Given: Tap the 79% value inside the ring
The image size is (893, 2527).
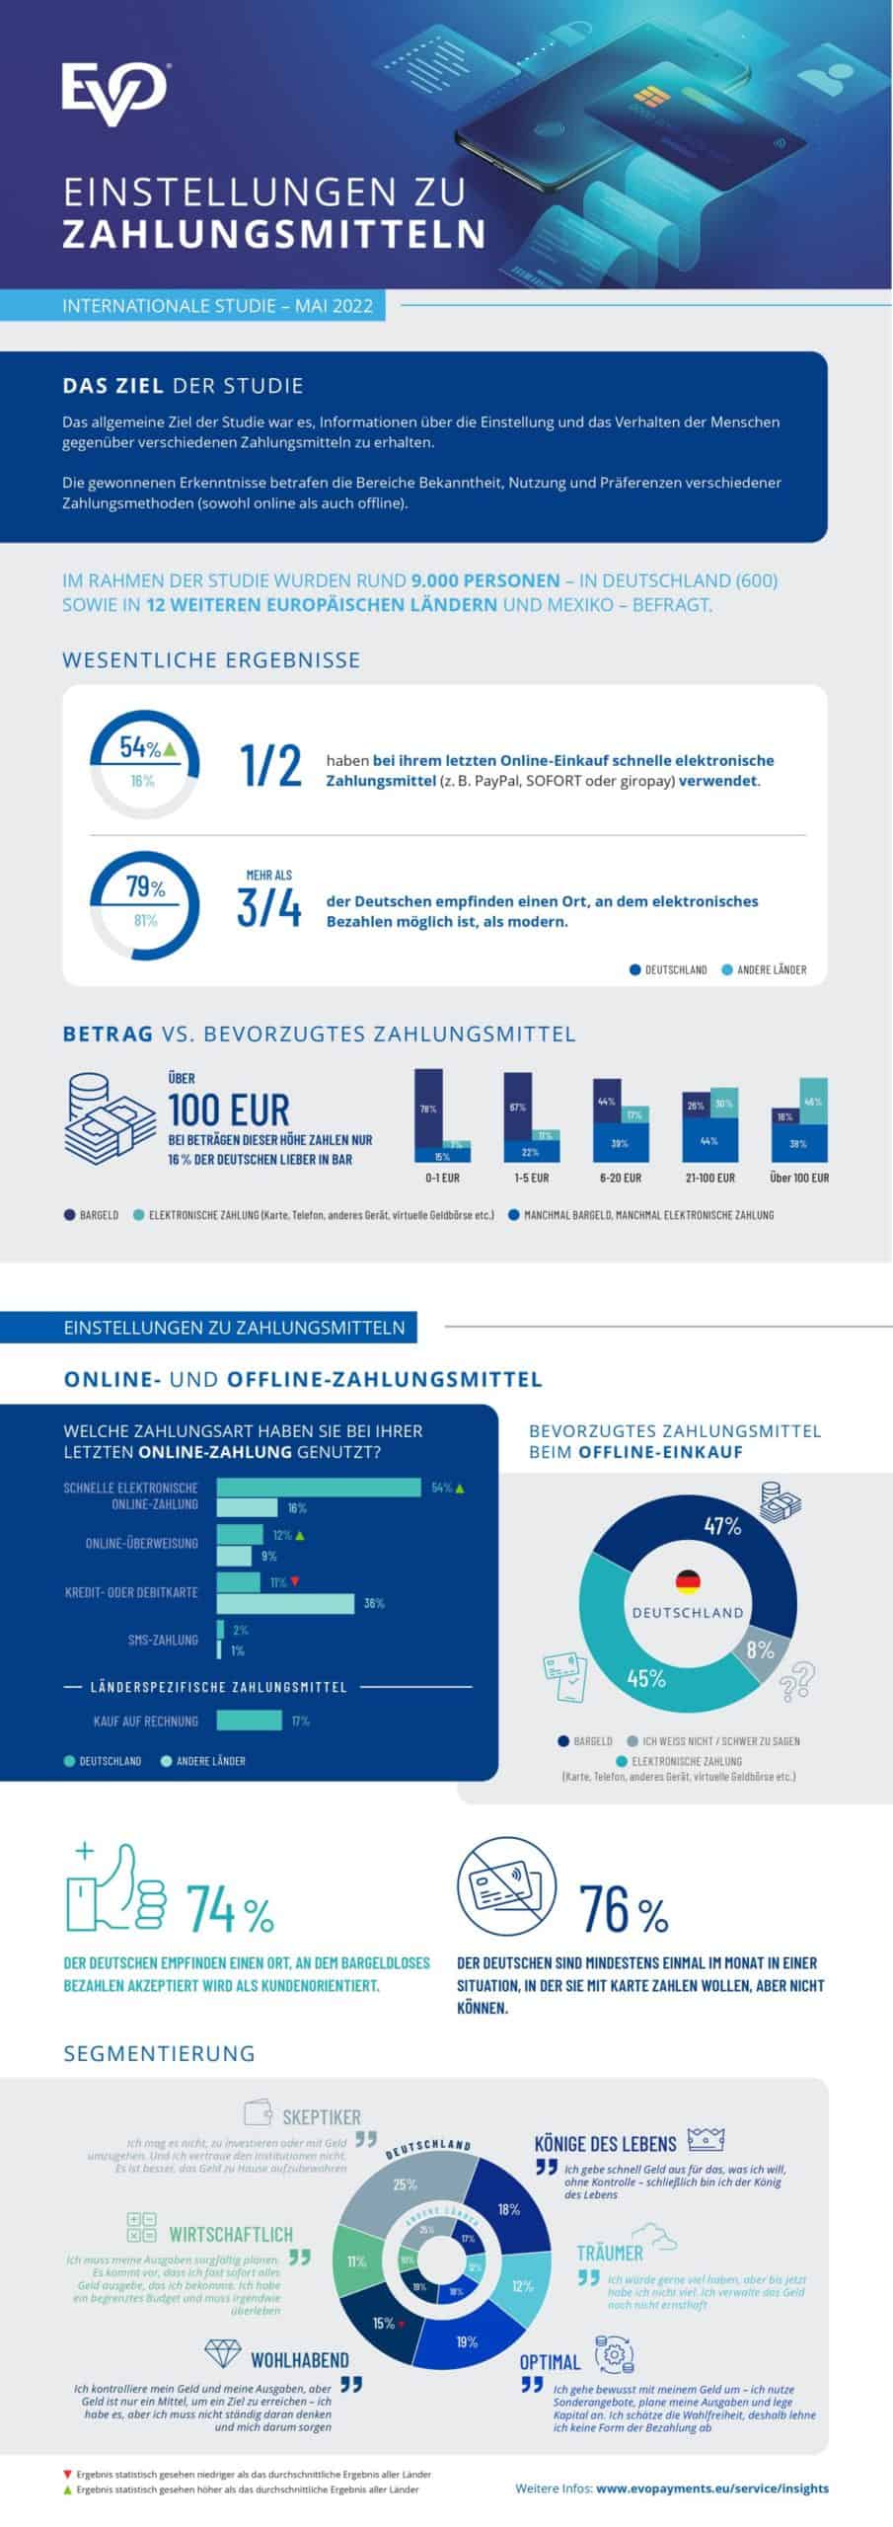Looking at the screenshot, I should point(145,887).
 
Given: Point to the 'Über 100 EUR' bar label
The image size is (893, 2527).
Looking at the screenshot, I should point(799,1178).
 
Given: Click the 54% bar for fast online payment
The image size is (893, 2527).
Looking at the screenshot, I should point(318,1488).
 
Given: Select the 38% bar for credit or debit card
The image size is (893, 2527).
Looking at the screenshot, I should point(285,1604).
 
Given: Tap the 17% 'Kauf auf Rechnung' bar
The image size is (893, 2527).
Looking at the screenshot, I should point(249,1721).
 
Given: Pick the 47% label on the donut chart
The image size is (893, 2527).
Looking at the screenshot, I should point(722,1526).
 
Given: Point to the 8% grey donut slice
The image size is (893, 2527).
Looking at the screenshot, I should point(761,1649).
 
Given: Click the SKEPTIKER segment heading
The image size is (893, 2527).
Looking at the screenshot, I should point(321,2117).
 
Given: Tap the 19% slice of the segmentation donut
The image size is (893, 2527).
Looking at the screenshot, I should point(467,2342).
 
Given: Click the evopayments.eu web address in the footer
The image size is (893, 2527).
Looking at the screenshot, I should point(712,2489).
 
